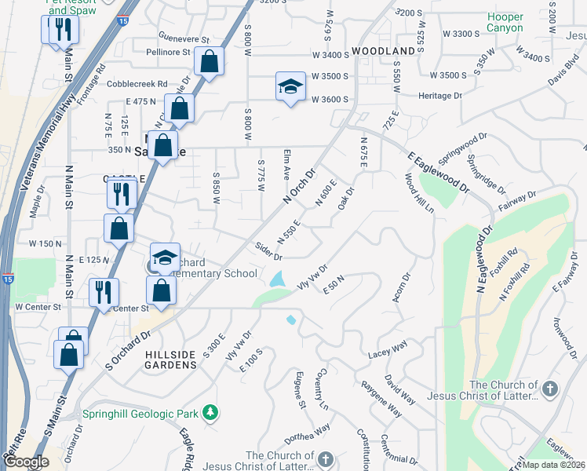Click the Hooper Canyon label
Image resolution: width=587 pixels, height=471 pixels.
(505, 22)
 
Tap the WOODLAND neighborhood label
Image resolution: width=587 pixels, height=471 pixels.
(383, 51)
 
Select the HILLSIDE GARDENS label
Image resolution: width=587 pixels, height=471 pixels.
(171, 360)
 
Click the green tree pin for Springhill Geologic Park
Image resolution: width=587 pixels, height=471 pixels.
(210, 411)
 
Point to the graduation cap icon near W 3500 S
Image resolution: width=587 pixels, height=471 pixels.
(290, 86)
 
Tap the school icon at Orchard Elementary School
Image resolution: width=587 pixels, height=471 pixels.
(166, 257)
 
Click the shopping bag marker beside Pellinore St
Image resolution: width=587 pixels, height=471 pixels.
(210, 61)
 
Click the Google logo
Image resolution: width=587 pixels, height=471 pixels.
(26, 462)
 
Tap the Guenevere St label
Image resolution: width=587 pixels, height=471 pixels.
(184, 38)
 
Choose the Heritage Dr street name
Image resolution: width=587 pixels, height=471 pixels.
(440, 96)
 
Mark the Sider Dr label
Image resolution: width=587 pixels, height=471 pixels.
(268, 251)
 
